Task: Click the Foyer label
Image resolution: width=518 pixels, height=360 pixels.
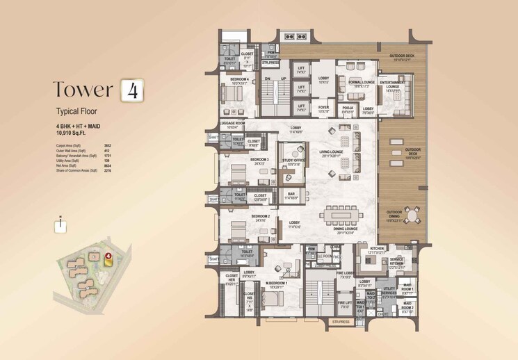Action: pos(323,108)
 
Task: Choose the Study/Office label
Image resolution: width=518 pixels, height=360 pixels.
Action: pos(293,161)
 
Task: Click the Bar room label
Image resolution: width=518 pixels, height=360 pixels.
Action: pos(293,197)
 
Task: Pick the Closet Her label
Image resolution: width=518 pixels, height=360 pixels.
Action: pos(230,283)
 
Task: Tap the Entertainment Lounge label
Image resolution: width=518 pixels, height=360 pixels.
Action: pos(394,87)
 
